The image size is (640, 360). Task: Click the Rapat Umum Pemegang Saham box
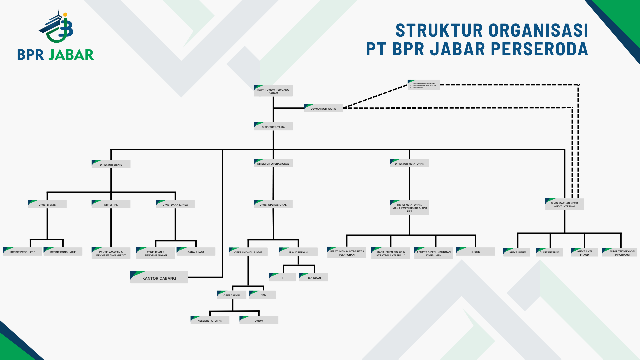coord(273,91)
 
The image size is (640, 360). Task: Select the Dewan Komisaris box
coord(323,108)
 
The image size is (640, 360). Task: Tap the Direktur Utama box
coord(273,127)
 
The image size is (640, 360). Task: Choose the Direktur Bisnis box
coord(111,164)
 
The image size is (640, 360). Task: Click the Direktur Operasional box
coord(273,163)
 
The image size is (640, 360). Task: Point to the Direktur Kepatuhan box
coord(409,163)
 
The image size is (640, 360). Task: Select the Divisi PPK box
coord(111,204)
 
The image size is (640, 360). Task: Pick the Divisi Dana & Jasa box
coord(175,204)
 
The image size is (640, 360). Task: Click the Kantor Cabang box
coord(159,278)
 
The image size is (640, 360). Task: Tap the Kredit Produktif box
coord(23,252)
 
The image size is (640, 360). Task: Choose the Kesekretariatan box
coord(210,320)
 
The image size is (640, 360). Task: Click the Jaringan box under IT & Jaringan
coord(314,277)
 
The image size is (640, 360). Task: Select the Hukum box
coord(475,252)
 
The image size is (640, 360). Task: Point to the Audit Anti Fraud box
coord(584,253)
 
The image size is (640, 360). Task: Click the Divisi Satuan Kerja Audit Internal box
coord(565,204)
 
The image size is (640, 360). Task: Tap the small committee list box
coord(424,85)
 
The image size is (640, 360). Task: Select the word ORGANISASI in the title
coord(538,31)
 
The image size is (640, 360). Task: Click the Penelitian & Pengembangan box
coord(156,253)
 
